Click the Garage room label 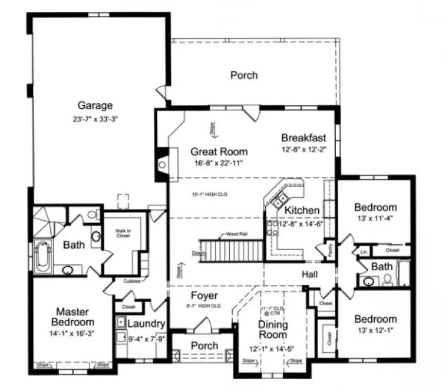tap(95, 106)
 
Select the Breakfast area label tap(303, 138)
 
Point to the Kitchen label tap(302, 210)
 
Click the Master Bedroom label tap(72, 317)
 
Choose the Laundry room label tap(145, 324)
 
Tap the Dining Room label tap(273, 330)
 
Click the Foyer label tap(204, 296)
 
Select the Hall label tap(311, 274)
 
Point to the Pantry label tap(328, 250)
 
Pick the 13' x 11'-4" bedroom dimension tap(375, 218)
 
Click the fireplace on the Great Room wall tap(163, 164)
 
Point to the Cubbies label tap(132, 281)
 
